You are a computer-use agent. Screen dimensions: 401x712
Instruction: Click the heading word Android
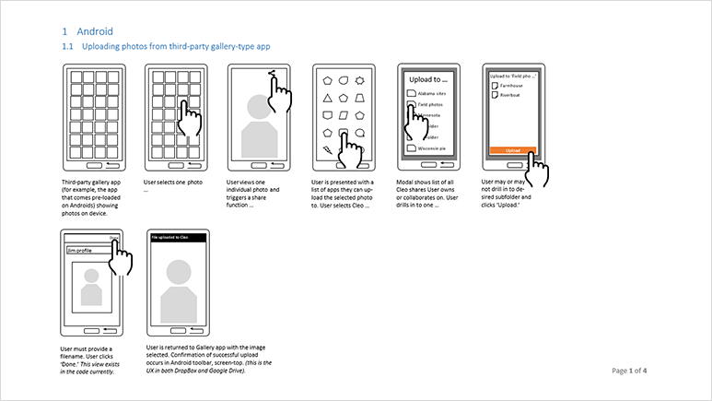point(96,31)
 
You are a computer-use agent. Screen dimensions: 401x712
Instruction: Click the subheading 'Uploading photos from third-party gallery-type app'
point(176,46)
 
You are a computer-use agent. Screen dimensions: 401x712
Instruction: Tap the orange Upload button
point(512,149)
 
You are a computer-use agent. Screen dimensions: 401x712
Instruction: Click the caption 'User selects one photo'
point(173,183)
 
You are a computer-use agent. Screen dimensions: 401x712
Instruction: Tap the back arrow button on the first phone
point(111,164)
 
